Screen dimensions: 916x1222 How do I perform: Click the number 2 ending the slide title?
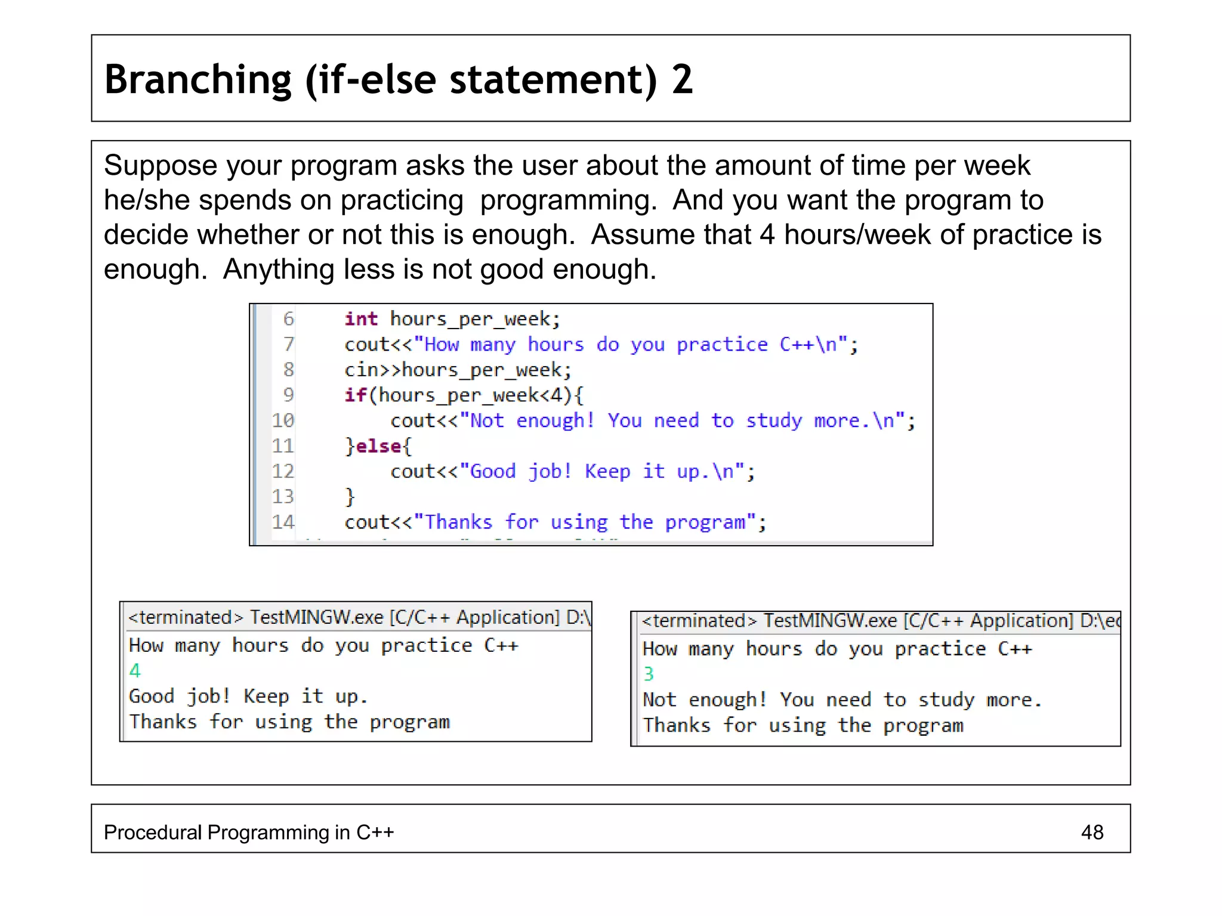point(682,79)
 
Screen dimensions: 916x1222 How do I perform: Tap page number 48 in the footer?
point(1092,832)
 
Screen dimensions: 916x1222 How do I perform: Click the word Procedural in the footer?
point(153,832)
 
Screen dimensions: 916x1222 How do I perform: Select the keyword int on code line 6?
point(361,319)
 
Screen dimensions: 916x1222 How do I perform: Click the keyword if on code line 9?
point(355,395)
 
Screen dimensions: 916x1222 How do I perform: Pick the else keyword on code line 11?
point(378,446)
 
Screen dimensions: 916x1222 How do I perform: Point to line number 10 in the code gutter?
point(283,420)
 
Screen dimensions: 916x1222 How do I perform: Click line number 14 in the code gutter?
point(283,522)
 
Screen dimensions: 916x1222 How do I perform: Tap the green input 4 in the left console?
point(135,671)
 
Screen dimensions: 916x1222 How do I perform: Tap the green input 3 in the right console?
point(649,674)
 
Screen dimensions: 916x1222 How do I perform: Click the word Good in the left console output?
point(152,697)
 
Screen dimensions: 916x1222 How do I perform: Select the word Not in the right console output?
point(659,700)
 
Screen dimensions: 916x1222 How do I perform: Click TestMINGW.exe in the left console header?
point(316,617)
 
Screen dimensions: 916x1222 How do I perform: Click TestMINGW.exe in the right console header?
point(831,621)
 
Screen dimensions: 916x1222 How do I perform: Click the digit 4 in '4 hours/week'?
point(767,235)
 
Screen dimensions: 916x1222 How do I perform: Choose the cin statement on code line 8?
point(458,370)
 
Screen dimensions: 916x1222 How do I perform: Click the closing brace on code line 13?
point(350,497)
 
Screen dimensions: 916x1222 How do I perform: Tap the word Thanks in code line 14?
point(458,522)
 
